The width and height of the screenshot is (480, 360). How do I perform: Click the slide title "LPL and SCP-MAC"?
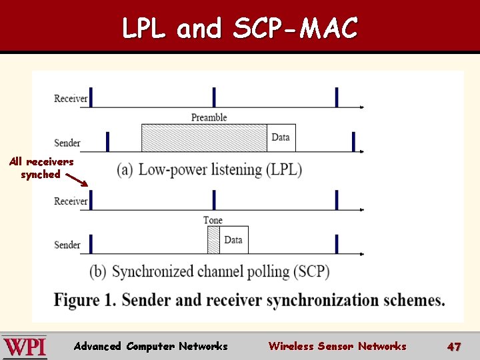[x=240, y=28]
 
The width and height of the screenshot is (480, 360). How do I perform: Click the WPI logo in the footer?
[x=24, y=347]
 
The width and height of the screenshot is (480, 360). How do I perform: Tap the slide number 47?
[x=454, y=347]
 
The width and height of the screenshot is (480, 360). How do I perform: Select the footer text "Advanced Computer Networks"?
[x=151, y=346]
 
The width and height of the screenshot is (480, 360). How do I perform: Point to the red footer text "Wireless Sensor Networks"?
[x=337, y=346]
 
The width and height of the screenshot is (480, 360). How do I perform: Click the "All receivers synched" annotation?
[x=41, y=168]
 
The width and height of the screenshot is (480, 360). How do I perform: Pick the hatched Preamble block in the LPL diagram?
[x=204, y=138]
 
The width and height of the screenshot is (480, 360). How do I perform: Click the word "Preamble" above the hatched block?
[x=209, y=117]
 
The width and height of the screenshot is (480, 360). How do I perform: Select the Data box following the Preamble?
[x=281, y=138]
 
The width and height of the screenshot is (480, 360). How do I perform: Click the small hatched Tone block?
[x=213, y=240]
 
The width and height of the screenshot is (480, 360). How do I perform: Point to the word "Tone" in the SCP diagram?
[x=213, y=220]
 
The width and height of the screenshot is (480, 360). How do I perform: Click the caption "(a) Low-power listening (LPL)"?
[x=209, y=169]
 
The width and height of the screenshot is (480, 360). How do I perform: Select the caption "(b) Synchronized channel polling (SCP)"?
[x=209, y=272]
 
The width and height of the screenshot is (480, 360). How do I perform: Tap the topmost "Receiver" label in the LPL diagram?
[x=71, y=99]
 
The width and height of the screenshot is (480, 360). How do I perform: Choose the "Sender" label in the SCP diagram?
[x=67, y=245]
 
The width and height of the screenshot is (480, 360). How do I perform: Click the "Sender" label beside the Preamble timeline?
[x=67, y=143]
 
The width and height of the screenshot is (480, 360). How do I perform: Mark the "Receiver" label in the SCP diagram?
[x=71, y=201]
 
